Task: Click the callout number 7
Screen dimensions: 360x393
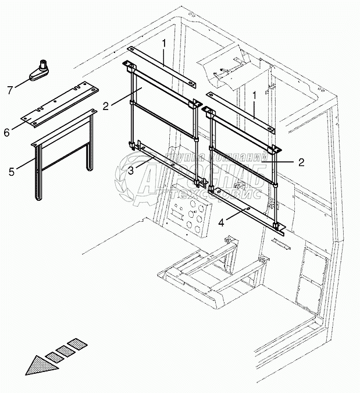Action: coord(10,90)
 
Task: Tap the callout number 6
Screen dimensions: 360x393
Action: coord(6,133)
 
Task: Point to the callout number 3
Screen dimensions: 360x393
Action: coord(132,169)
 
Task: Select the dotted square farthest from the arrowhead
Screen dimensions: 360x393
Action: coord(74,345)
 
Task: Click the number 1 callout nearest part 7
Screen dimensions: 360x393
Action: coord(165,43)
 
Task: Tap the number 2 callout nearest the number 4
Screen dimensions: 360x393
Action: coord(301,162)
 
